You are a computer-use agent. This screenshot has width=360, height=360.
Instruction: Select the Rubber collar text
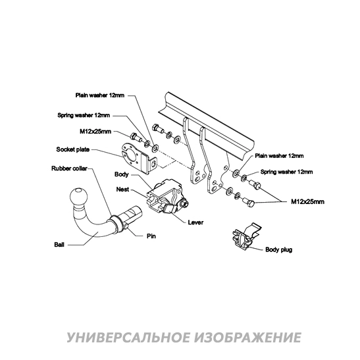[69, 168]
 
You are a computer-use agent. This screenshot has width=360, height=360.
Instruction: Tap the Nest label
[122, 188]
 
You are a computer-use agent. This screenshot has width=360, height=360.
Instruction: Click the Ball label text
[59, 244]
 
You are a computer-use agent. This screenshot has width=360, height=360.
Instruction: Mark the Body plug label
[278, 250]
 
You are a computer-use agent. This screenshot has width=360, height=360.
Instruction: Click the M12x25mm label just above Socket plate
[95, 130]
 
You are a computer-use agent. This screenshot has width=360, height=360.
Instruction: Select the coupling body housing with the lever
[167, 197]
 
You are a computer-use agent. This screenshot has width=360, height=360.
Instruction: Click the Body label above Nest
[122, 175]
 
